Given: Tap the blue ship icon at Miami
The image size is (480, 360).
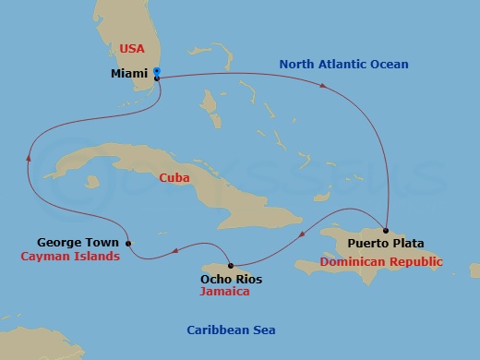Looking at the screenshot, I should click(x=158, y=72).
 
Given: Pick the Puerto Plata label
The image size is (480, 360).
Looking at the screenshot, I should click(x=386, y=244).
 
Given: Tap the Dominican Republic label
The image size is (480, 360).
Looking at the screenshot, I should click(x=381, y=262).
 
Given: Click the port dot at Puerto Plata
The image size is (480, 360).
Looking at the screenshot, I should click(x=386, y=231).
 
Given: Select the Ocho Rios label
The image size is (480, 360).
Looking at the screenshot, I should click(x=231, y=278).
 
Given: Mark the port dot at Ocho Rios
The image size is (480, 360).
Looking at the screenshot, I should click(x=232, y=264).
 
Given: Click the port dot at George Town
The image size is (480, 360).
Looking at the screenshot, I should click(x=128, y=244).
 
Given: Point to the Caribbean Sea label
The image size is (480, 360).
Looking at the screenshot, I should click(x=231, y=330).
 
